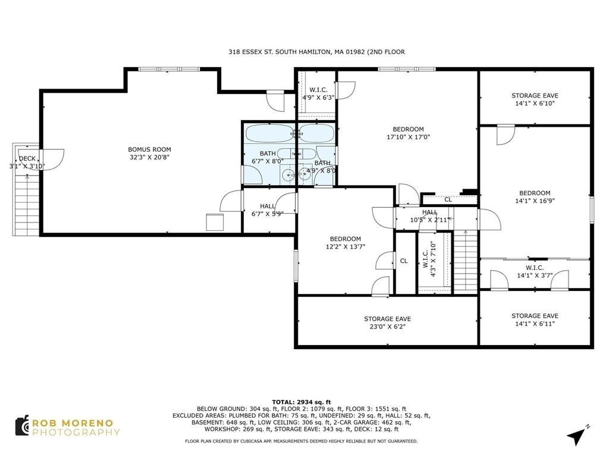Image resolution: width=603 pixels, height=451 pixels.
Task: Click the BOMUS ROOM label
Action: (150, 149)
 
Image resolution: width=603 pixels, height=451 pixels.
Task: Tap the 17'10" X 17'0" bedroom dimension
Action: (408, 137)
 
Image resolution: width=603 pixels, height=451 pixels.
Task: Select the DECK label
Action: (27, 158)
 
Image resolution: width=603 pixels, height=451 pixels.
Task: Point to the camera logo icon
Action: (23, 425)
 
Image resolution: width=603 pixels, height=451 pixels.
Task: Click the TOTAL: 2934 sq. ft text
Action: (301, 402)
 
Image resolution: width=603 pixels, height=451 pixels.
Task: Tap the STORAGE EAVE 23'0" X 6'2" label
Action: (387, 323)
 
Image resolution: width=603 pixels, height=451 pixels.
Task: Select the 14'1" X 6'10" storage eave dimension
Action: (535, 104)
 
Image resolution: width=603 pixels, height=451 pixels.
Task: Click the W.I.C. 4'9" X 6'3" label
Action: (318, 93)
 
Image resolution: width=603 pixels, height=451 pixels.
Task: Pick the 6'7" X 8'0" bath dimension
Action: (268, 161)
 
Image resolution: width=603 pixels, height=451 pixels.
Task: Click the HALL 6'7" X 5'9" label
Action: (267, 210)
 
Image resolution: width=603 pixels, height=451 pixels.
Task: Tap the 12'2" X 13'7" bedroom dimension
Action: (346, 247)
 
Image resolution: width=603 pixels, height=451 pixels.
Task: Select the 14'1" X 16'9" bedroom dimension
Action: (535, 201)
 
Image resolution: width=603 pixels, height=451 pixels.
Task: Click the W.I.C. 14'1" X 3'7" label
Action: (535, 272)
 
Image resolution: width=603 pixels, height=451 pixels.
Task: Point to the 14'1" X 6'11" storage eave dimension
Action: (535, 324)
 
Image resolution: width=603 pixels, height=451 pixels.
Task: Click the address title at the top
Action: (316, 52)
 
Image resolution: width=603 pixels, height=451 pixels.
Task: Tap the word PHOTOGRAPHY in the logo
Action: (76, 433)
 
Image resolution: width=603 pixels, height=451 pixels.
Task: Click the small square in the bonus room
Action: (215, 222)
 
